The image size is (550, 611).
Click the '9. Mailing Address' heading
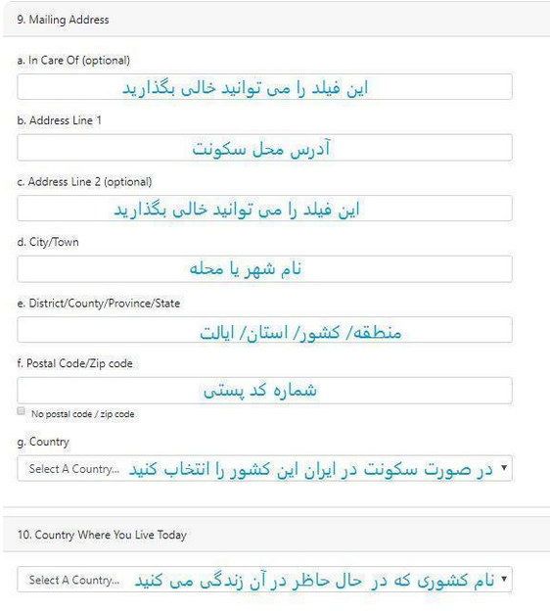click(64, 20)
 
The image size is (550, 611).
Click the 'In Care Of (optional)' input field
click(264, 87)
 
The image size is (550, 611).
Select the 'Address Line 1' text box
click(264, 148)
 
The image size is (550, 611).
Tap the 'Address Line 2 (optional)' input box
click(264, 209)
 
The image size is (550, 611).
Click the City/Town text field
click(264, 269)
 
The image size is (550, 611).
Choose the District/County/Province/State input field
click(264, 330)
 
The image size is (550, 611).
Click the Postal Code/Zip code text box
click(264, 391)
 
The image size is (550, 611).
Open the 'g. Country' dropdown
click(264, 469)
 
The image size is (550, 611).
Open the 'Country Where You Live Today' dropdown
click(264, 580)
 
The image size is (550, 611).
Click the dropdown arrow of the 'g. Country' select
click(504, 469)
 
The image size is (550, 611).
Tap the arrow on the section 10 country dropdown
click(504, 580)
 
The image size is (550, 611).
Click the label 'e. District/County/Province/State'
click(99, 304)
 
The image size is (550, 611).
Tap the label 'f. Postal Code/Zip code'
click(75, 363)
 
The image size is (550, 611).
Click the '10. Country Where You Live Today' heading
click(102, 535)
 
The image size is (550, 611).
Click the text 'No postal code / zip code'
click(83, 414)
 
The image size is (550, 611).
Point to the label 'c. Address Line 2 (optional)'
click(85, 181)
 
